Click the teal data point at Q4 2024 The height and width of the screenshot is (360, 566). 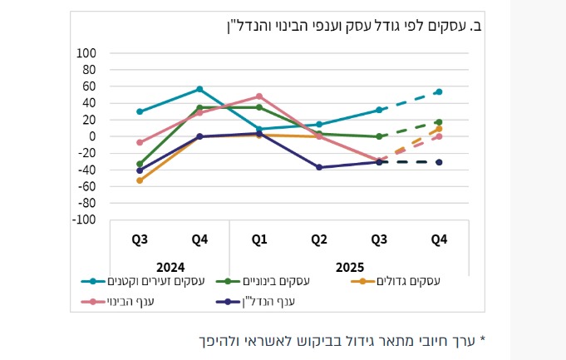[x=199, y=89]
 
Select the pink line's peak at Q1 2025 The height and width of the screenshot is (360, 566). [x=259, y=96]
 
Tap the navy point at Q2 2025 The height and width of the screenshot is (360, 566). [x=319, y=167]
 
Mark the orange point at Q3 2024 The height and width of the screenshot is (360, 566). [x=140, y=180]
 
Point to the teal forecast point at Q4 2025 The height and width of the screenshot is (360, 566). [x=439, y=91]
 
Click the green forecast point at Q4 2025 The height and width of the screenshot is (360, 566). [x=439, y=122]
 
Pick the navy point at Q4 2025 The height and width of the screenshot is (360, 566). [x=439, y=162]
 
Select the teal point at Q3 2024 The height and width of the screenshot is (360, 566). [x=140, y=111]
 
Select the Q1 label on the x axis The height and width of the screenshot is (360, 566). [x=259, y=240]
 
